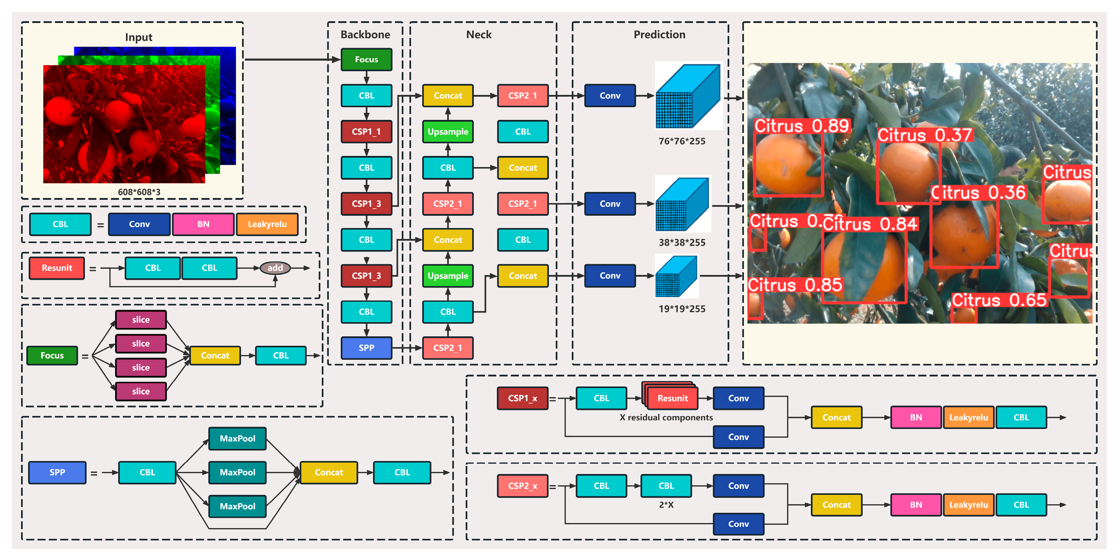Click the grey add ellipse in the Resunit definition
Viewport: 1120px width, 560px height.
(275, 268)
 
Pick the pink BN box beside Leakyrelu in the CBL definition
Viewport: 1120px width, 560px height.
(203, 224)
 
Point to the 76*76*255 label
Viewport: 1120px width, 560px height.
(682, 141)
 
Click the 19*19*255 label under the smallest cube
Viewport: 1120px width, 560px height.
(682, 309)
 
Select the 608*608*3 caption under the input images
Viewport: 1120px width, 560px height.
(139, 192)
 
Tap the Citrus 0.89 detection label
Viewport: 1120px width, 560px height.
(801, 126)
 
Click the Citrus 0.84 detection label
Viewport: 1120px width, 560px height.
(870, 224)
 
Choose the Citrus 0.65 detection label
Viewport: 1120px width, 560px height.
(999, 300)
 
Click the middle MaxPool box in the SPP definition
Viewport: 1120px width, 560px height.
(237, 473)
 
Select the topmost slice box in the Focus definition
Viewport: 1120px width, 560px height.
(140, 320)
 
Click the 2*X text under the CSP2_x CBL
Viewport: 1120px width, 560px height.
(666, 505)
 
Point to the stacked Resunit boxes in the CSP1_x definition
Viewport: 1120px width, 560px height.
(672, 397)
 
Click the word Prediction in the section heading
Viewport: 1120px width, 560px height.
(659, 35)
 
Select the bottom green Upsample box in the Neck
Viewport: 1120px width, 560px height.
(448, 276)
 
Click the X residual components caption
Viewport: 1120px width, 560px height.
(666, 417)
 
